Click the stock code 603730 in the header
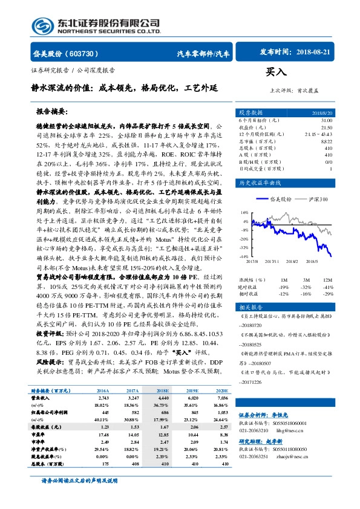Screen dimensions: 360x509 tap(80, 54)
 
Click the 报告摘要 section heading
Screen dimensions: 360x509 tap(51, 112)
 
